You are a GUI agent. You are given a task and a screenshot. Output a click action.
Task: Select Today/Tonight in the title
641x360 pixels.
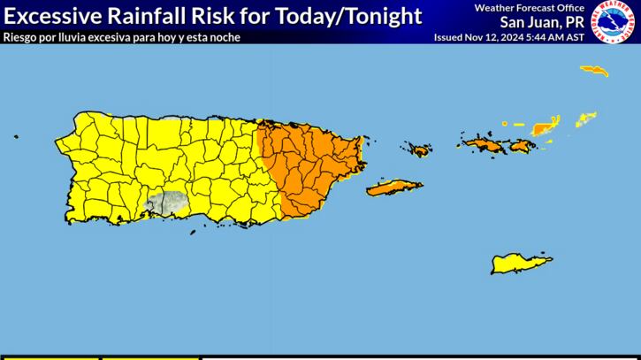[x=348, y=16]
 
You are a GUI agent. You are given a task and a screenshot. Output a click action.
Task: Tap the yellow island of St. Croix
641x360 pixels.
[x=522, y=264]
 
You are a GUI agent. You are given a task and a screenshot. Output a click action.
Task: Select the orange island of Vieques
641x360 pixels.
[x=393, y=188]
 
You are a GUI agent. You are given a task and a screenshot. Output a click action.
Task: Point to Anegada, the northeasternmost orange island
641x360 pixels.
[x=594, y=69]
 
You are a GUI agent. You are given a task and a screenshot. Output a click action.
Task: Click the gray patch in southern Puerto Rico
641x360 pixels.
[x=166, y=203]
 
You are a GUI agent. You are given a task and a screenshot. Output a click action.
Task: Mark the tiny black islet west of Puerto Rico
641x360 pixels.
[x=15, y=137]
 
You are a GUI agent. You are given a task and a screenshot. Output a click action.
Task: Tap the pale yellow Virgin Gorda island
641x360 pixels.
[x=586, y=118]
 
